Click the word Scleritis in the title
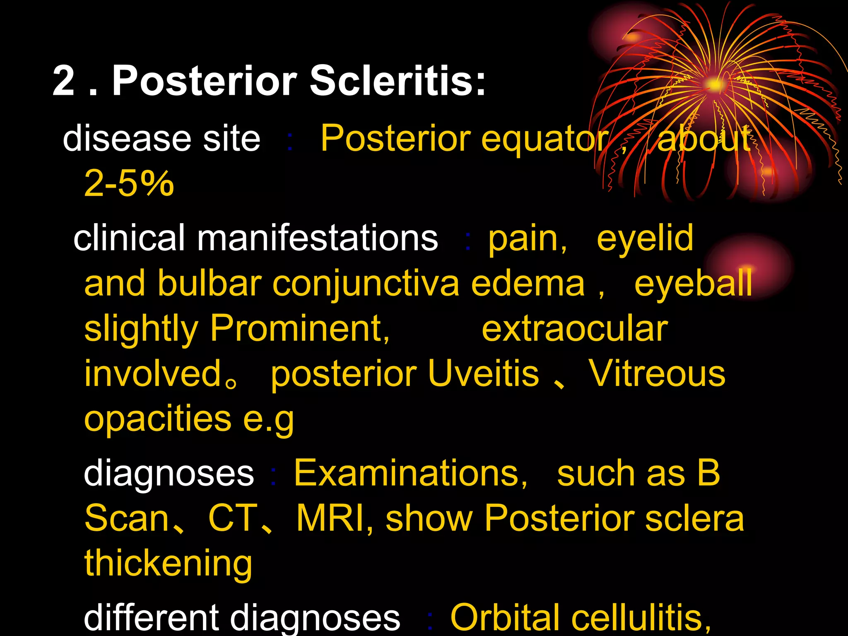coord(397,81)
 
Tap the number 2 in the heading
coord(64,82)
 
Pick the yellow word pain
coord(527,239)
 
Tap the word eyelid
coord(645,239)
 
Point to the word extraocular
coord(575,329)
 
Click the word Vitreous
coord(657,373)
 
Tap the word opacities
coord(157,419)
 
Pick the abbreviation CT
coord(233,518)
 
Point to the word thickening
coord(168,563)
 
